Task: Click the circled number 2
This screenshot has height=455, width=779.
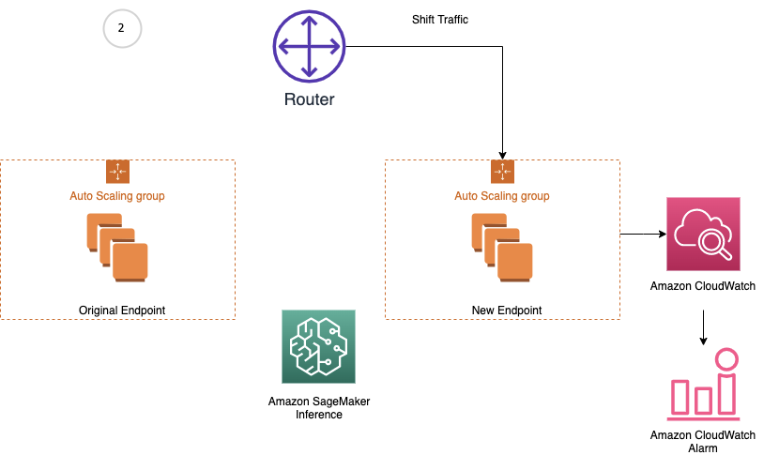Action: coord(121,29)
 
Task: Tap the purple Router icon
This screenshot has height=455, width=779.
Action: coord(309,48)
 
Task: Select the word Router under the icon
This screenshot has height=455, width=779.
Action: coord(309,99)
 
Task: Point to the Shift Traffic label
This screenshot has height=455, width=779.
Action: coord(440,19)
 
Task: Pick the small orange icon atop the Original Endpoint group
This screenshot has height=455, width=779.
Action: coord(117,171)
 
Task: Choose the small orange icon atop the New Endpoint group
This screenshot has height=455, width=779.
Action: coord(502,171)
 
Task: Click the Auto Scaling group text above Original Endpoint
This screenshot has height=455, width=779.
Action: coord(117,196)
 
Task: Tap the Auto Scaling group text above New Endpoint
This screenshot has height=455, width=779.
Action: coord(502,196)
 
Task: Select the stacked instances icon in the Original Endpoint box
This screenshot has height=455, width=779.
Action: coord(118,246)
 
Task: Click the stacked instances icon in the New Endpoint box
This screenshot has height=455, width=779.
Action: coord(503,246)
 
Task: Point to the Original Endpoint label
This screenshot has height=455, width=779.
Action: coord(117,310)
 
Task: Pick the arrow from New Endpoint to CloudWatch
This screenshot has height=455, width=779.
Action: coord(642,235)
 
